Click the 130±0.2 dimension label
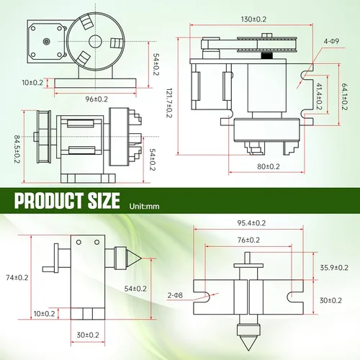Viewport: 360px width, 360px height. (253, 19)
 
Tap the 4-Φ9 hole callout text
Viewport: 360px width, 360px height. (331, 41)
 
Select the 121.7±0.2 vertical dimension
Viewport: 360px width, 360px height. (169, 103)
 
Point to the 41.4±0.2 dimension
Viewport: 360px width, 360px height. (319, 96)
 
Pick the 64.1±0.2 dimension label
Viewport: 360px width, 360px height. (344, 96)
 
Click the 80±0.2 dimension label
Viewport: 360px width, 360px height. (269, 166)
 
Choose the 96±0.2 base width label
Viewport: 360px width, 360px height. (96, 99)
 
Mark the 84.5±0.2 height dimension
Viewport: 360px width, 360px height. (17, 149)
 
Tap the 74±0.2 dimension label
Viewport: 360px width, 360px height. (17, 278)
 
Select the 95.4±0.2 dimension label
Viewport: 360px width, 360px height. (251, 223)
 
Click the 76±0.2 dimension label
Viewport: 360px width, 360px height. (248, 240)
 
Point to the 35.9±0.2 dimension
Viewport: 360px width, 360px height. (334, 268)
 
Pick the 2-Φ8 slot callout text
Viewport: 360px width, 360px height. (175, 295)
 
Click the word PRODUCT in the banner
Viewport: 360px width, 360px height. (49, 200)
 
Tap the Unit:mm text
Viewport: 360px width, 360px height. (144, 206)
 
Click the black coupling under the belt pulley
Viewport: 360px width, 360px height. (267, 55)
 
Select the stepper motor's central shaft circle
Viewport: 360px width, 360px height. (47, 42)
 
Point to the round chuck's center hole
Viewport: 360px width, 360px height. (95, 41)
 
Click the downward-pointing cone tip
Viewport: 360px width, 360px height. (248, 351)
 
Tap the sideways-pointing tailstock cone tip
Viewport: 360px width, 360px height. (141, 258)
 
